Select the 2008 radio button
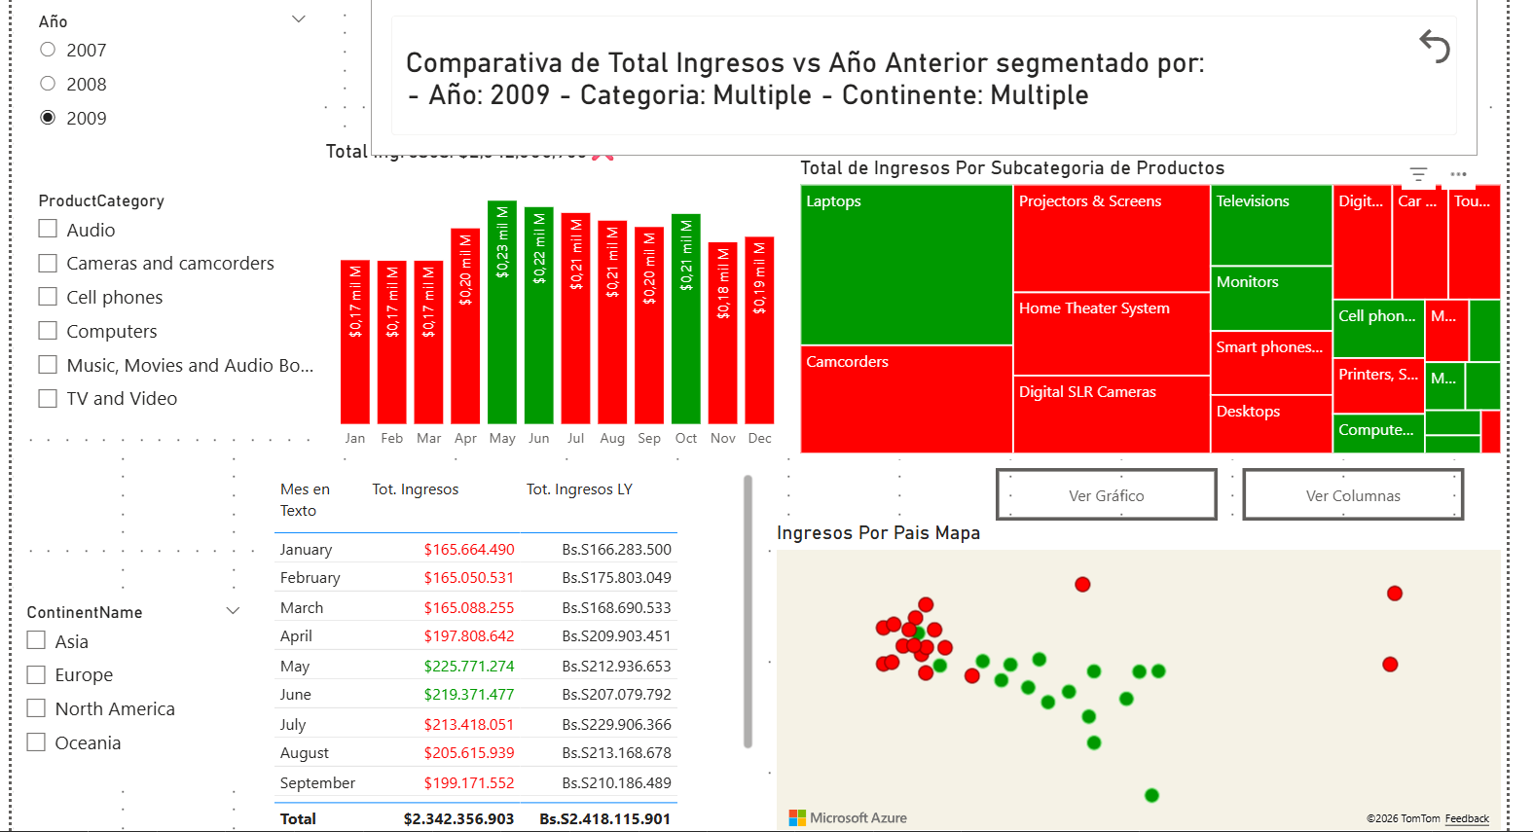(x=48, y=84)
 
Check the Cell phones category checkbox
(x=48, y=297)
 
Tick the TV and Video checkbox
(x=48, y=398)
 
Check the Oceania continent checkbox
(x=37, y=742)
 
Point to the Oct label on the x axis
(x=686, y=439)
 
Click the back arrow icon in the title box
(x=1435, y=46)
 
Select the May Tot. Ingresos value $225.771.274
(x=469, y=667)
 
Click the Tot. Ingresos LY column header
(x=579, y=489)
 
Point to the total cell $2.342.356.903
(x=458, y=819)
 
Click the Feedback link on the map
(x=1467, y=819)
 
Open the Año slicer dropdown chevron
(x=299, y=19)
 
